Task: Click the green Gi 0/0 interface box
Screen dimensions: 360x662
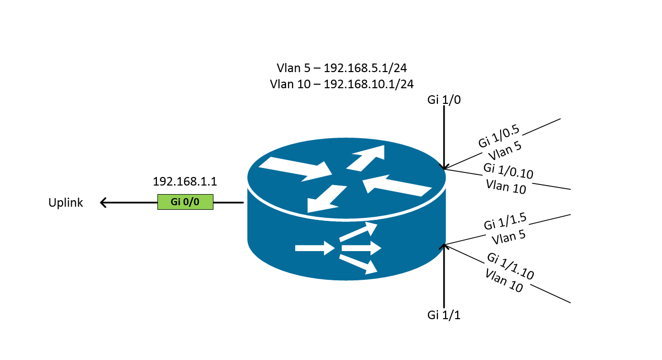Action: tap(185, 202)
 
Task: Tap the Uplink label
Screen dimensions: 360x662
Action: tap(66, 203)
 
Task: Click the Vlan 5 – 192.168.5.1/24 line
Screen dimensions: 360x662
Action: tap(342, 68)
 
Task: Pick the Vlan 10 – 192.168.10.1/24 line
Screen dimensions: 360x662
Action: tap(342, 84)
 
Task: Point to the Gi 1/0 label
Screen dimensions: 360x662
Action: tap(444, 100)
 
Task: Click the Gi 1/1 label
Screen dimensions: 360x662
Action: tap(444, 316)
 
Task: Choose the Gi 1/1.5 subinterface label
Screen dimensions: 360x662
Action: tap(505, 223)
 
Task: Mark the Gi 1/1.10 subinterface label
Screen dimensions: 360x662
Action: tap(511, 266)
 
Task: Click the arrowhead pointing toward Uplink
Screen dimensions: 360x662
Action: tap(104, 203)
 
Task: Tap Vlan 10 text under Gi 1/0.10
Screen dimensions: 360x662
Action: tap(506, 186)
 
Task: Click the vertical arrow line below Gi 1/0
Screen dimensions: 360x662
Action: tap(444, 136)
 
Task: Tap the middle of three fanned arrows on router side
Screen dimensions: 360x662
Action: tap(360, 248)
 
